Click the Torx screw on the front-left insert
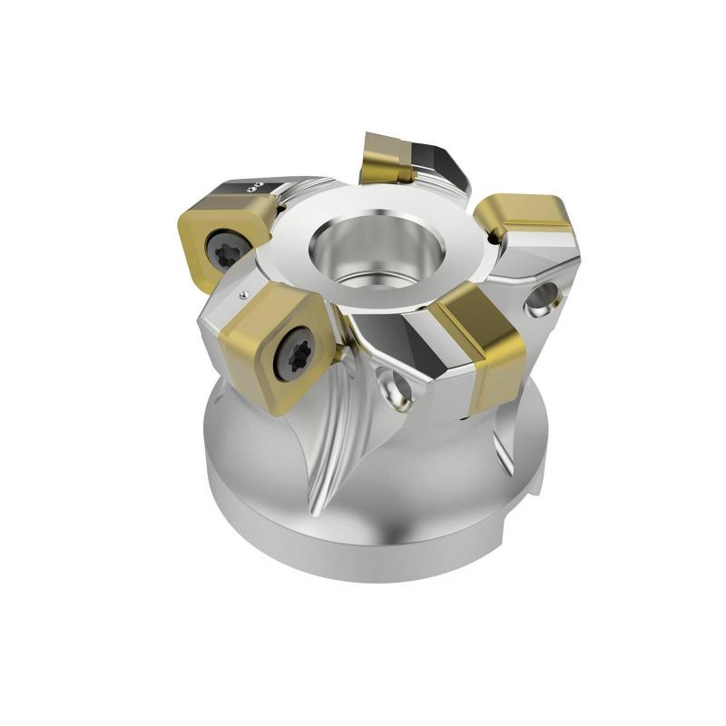click(296, 354)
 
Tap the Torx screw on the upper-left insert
click(225, 247)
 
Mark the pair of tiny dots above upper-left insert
click(257, 186)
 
